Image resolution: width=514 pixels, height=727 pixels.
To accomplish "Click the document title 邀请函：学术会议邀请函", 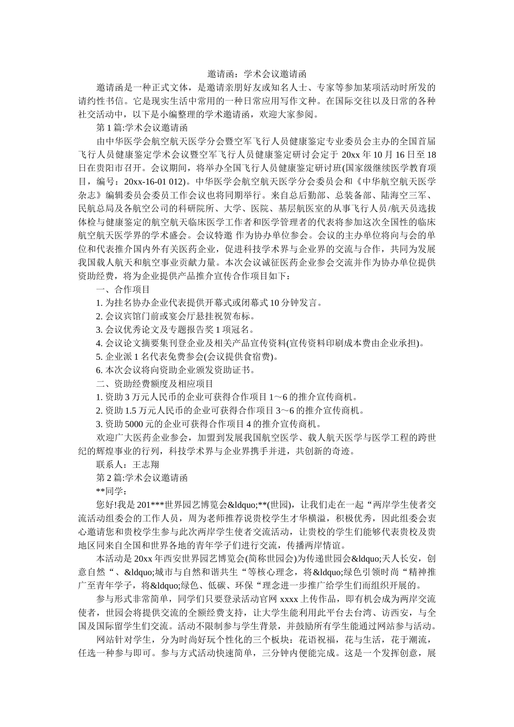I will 257,74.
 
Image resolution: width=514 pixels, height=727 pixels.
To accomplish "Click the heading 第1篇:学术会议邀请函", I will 141,128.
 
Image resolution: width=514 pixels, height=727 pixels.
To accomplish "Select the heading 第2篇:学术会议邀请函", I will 141,478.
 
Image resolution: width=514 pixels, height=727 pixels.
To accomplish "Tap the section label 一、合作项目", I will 123,289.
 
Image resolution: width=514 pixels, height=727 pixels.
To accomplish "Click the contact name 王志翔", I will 146,464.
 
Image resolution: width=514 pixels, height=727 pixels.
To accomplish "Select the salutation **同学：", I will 111,491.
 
